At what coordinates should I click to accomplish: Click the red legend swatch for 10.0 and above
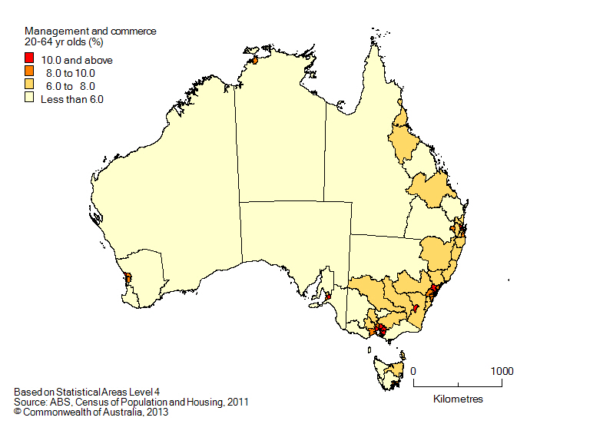[x=29, y=58]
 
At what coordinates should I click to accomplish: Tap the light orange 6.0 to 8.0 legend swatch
[x=29, y=85]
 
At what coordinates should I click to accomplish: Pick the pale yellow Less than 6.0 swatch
[x=29, y=98]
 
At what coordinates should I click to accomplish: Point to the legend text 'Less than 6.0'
[x=71, y=99]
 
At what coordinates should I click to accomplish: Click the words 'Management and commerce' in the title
[x=90, y=31]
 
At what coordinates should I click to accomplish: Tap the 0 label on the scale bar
[x=414, y=371]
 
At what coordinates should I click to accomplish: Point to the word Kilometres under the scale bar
[x=458, y=399]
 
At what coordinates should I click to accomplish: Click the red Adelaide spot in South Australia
[x=329, y=296]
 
